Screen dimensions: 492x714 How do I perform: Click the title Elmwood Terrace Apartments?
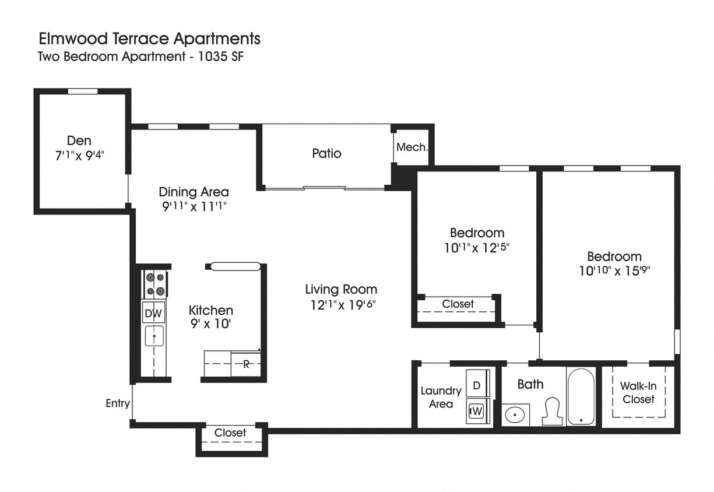click(x=149, y=39)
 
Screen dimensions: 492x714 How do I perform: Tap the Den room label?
click(x=79, y=140)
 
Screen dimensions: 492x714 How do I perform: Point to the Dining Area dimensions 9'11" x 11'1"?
click(x=194, y=206)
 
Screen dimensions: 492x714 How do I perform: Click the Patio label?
click(x=326, y=153)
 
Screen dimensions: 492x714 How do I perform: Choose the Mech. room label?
click(x=412, y=147)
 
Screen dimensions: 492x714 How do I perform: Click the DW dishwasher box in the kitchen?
click(x=153, y=314)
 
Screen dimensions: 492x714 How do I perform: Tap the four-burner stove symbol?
click(x=154, y=284)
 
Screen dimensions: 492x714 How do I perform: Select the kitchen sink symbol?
click(x=154, y=336)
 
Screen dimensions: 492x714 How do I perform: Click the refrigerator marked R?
click(x=246, y=364)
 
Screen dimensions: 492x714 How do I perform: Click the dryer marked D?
click(x=476, y=385)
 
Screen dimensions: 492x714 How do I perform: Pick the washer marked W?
click(x=477, y=412)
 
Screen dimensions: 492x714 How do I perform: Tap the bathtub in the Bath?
click(x=581, y=396)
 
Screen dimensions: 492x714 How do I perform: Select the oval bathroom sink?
click(x=515, y=414)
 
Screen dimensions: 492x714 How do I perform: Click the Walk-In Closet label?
click(x=638, y=392)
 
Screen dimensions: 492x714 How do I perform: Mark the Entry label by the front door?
click(x=117, y=403)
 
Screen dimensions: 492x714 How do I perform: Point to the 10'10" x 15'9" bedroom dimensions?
click(x=614, y=270)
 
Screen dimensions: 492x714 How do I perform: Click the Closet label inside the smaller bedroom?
click(x=458, y=304)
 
